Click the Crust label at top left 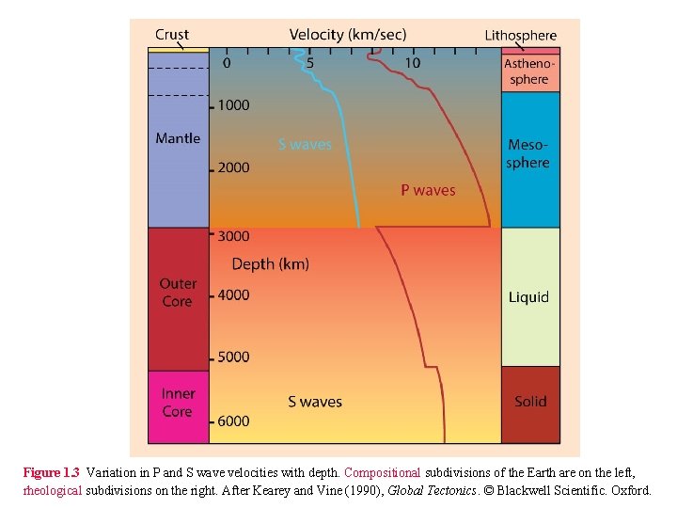click(172, 35)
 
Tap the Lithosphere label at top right click(520, 36)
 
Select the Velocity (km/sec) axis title click(348, 35)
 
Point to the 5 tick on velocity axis click(310, 63)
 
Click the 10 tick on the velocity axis click(413, 63)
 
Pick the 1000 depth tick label click(233, 105)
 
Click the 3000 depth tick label click(233, 236)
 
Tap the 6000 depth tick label click(233, 421)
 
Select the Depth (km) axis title click(270, 264)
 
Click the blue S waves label click(305, 145)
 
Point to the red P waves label click(428, 190)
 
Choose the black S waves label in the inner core click(315, 402)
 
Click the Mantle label click(178, 138)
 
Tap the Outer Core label click(178, 293)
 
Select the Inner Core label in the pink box click(177, 403)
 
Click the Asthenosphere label click(529, 71)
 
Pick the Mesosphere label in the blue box click(528, 153)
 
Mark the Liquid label click(528, 297)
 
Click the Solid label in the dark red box click(530, 402)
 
